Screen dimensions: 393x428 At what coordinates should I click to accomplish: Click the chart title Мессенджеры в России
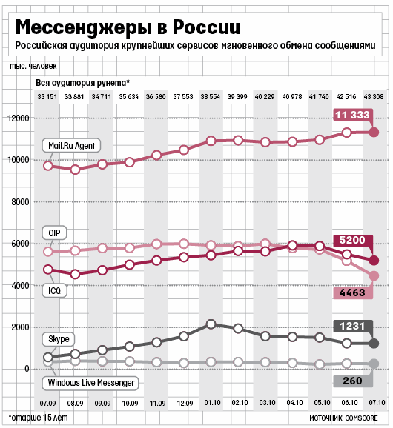pos(128,27)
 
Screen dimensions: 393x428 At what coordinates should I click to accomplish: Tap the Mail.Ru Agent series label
pos(71,146)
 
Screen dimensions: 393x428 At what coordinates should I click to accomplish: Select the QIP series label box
pos(54,233)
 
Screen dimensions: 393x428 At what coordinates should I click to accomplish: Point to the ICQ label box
pos(54,290)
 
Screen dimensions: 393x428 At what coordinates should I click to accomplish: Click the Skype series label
pos(59,339)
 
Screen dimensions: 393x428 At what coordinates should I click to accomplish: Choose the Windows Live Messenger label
pos(90,383)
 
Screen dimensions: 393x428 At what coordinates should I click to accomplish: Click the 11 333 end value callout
pos(352,115)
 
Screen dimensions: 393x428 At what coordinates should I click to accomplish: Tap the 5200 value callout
pos(352,240)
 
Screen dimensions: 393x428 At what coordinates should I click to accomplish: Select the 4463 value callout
pos(352,292)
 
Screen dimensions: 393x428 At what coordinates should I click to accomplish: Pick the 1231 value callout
pos(352,326)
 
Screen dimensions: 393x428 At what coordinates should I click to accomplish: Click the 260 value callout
pos(352,381)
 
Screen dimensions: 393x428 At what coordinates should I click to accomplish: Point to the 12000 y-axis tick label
pos(19,118)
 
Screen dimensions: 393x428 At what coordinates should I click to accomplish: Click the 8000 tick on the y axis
pos(20,202)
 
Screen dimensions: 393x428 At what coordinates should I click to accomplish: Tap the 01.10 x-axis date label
pos(212,403)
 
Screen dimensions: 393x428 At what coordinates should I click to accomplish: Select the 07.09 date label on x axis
pos(47,403)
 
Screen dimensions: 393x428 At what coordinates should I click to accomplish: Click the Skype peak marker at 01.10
pos(211,324)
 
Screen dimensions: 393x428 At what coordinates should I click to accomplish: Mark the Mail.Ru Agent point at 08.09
pos(75,170)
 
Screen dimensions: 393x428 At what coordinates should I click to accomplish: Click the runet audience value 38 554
pos(210,97)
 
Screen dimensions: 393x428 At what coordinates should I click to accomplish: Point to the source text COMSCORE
pos(361,418)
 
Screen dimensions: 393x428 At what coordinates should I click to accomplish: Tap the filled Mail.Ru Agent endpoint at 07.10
pos(374,133)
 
